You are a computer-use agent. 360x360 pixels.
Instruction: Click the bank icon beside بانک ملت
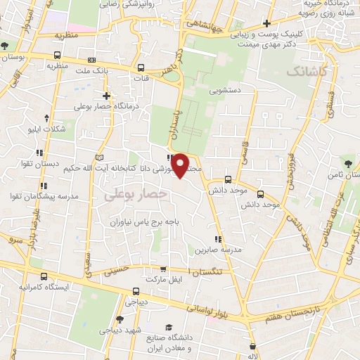[93, 60]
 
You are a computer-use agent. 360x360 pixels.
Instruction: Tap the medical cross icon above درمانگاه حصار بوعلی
[106, 96]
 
